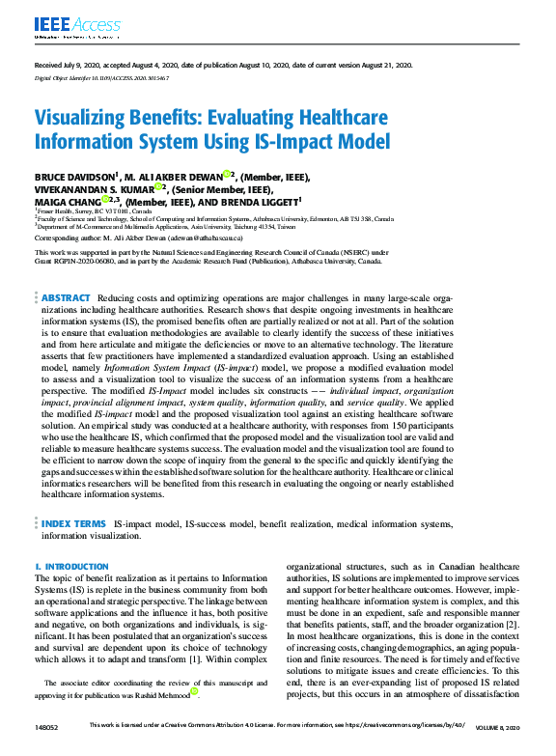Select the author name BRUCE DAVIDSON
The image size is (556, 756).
coord(74,177)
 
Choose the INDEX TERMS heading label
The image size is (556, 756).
coord(72,524)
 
